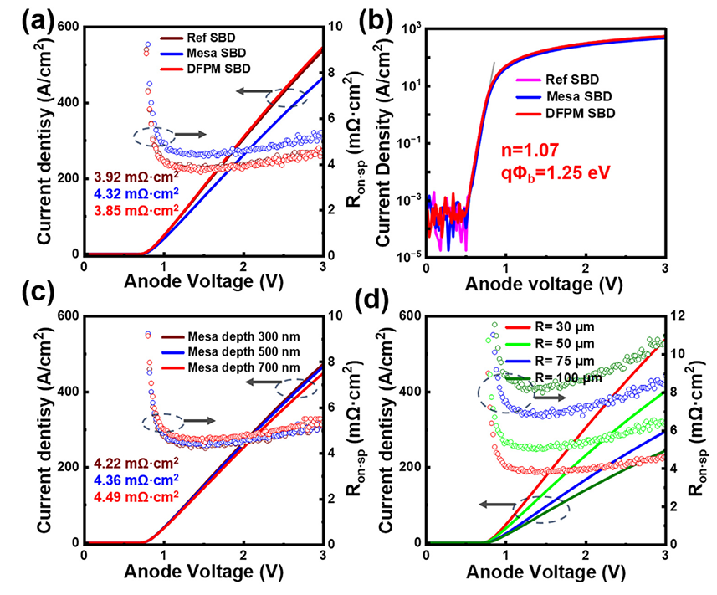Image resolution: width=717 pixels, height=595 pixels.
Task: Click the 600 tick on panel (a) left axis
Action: point(64,27)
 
